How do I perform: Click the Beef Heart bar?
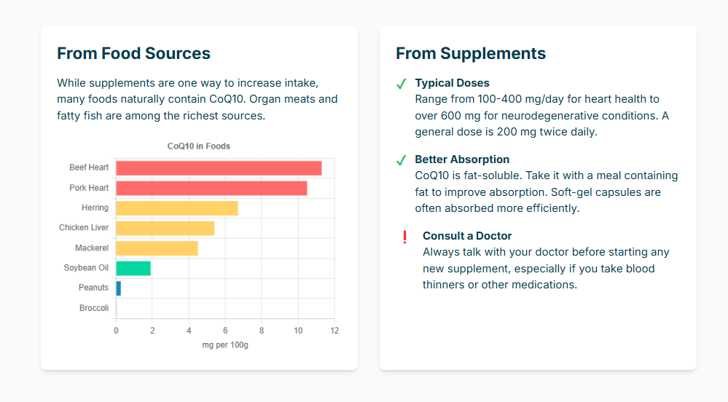pos(219,168)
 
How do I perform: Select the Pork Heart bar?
pos(211,188)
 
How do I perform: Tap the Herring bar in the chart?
pos(177,208)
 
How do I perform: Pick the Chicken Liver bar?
pos(165,228)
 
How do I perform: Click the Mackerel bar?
pos(157,248)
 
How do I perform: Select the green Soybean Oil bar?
pos(133,268)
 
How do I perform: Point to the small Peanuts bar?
pos(119,288)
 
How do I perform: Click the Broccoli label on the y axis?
pos(94,308)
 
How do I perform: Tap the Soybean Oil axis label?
pos(86,268)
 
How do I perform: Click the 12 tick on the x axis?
pos(334,331)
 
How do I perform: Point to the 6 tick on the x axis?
pos(225,331)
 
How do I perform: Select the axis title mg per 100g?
pos(225,345)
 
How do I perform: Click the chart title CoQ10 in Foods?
pos(199,146)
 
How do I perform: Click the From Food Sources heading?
pos(133,53)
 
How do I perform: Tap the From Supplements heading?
pos(471,53)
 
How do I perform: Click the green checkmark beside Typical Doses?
pos(401,84)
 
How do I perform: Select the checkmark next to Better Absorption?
pos(401,161)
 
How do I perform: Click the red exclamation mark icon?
pos(404,237)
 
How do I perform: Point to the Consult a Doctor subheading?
pos(467,236)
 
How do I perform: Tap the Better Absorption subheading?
pos(462,159)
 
